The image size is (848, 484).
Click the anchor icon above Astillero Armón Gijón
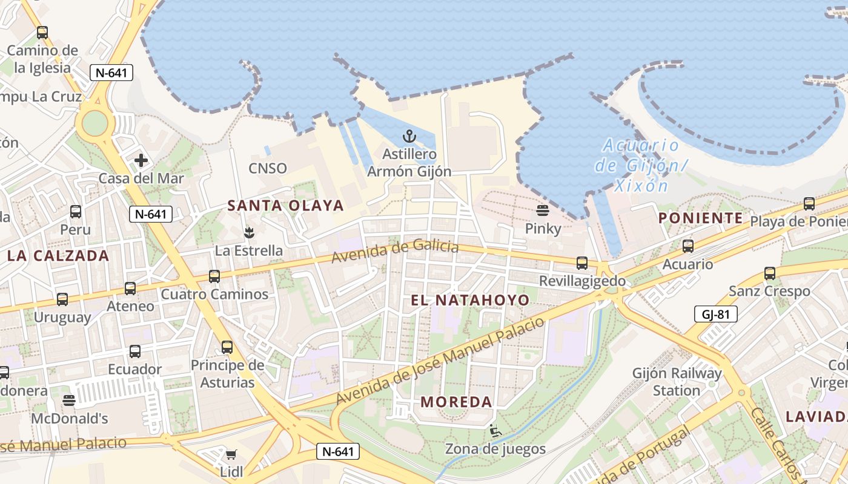coord(410,136)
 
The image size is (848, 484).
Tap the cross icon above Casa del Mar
coord(141,160)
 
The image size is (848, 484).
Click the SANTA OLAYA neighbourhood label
coord(285,206)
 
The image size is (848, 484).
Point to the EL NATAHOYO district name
coord(470,300)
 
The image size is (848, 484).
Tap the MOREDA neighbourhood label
coord(456,402)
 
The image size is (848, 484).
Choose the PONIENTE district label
coord(700,218)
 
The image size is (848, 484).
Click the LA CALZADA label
coord(58,255)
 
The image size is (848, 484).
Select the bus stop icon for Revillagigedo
coord(582,263)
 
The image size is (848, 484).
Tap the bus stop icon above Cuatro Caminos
coord(214,276)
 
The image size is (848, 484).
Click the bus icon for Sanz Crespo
coord(770,273)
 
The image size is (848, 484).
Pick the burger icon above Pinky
coord(543,211)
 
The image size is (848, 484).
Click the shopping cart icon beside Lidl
coord(231,454)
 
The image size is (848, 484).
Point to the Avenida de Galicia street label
coord(395,250)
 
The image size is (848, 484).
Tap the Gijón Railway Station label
coord(677,382)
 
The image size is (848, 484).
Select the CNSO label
coord(268,168)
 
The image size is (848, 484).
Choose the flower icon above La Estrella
coord(248,232)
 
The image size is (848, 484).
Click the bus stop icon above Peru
coord(76,212)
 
